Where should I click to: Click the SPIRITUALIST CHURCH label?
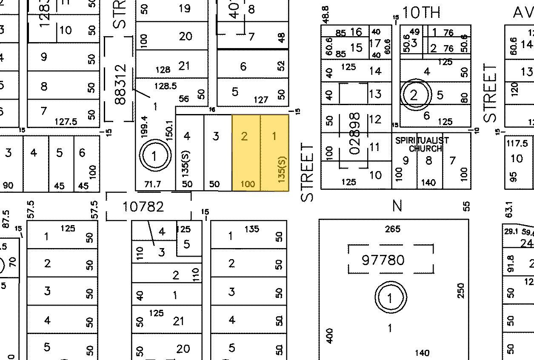[x=422, y=144]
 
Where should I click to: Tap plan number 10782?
[x=143, y=207]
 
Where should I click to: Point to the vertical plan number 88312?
[x=121, y=84]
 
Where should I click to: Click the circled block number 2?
[x=414, y=95]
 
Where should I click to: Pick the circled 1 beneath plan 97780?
[x=390, y=297]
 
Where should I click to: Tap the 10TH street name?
[x=421, y=13]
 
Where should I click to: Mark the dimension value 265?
[x=392, y=229]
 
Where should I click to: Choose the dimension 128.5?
[x=165, y=86]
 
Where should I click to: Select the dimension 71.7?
[x=153, y=184]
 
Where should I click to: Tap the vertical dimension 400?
[x=330, y=335]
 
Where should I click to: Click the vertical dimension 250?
[x=461, y=291]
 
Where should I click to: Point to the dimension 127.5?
[x=66, y=122]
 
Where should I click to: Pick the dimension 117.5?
[x=517, y=143]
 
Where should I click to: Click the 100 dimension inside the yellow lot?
[x=247, y=184]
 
